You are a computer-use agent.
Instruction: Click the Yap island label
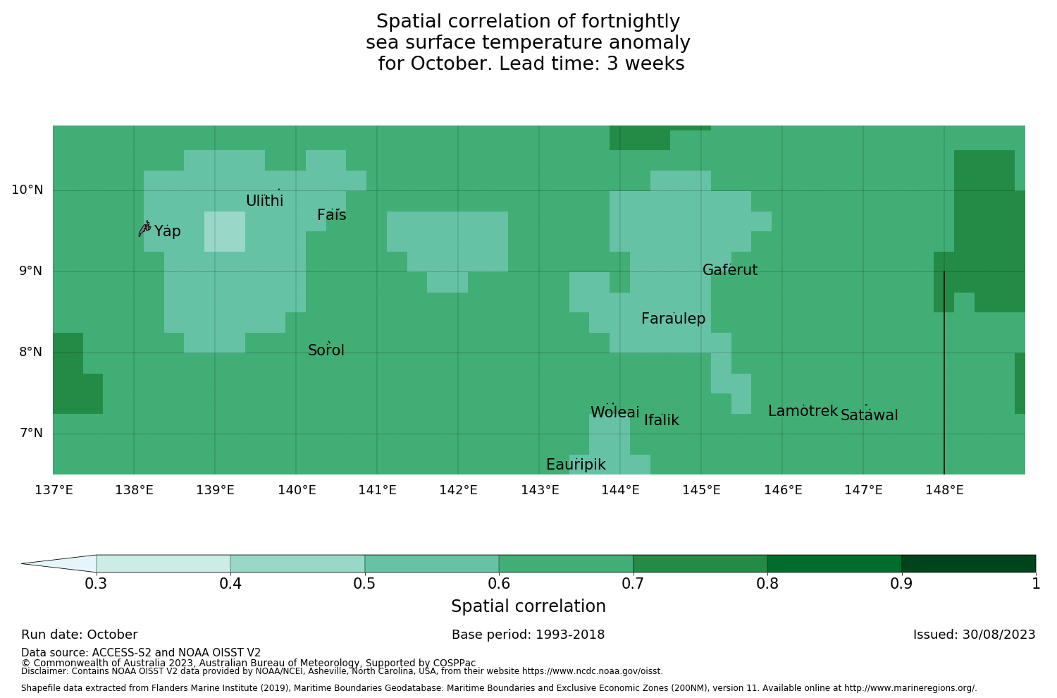tap(168, 231)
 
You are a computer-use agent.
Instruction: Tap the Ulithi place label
tap(264, 201)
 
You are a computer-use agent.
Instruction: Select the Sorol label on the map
tap(326, 350)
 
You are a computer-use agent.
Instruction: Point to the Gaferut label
tap(729, 270)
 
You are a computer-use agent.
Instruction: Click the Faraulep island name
tap(673, 319)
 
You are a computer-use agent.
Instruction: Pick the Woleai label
tap(614, 412)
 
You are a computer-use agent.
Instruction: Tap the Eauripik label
tap(576, 465)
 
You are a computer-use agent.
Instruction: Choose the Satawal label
tap(869, 415)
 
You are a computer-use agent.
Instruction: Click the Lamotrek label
tap(803, 411)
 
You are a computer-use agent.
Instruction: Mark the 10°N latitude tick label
tap(27, 190)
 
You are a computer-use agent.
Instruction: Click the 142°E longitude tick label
tap(458, 490)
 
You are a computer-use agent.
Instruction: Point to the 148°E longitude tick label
tap(944, 490)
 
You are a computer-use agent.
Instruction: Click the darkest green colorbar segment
tap(968, 563)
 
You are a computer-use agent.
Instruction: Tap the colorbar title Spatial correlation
tap(528, 606)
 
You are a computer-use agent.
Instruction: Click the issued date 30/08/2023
tap(1001, 635)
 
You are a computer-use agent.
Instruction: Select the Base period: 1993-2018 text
tap(528, 635)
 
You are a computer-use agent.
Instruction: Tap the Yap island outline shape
tap(144, 228)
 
